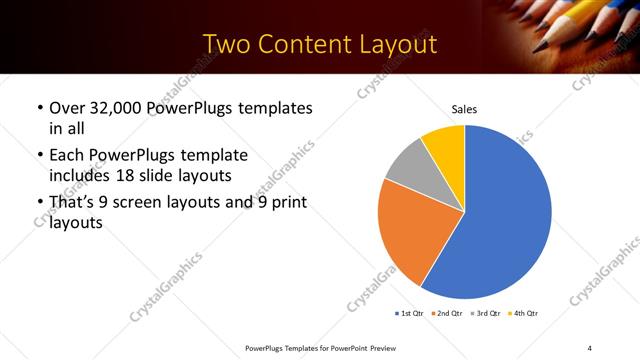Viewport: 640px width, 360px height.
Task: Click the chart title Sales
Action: [x=463, y=108]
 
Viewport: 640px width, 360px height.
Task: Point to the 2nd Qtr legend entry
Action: [x=447, y=314]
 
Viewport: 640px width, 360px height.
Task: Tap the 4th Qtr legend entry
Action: [x=525, y=314]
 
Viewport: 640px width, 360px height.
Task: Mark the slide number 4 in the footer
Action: [x=590, y=348]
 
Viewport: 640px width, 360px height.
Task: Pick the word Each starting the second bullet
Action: [x=66, y=156]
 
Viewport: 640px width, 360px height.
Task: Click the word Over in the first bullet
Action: [x=67, y=108]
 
